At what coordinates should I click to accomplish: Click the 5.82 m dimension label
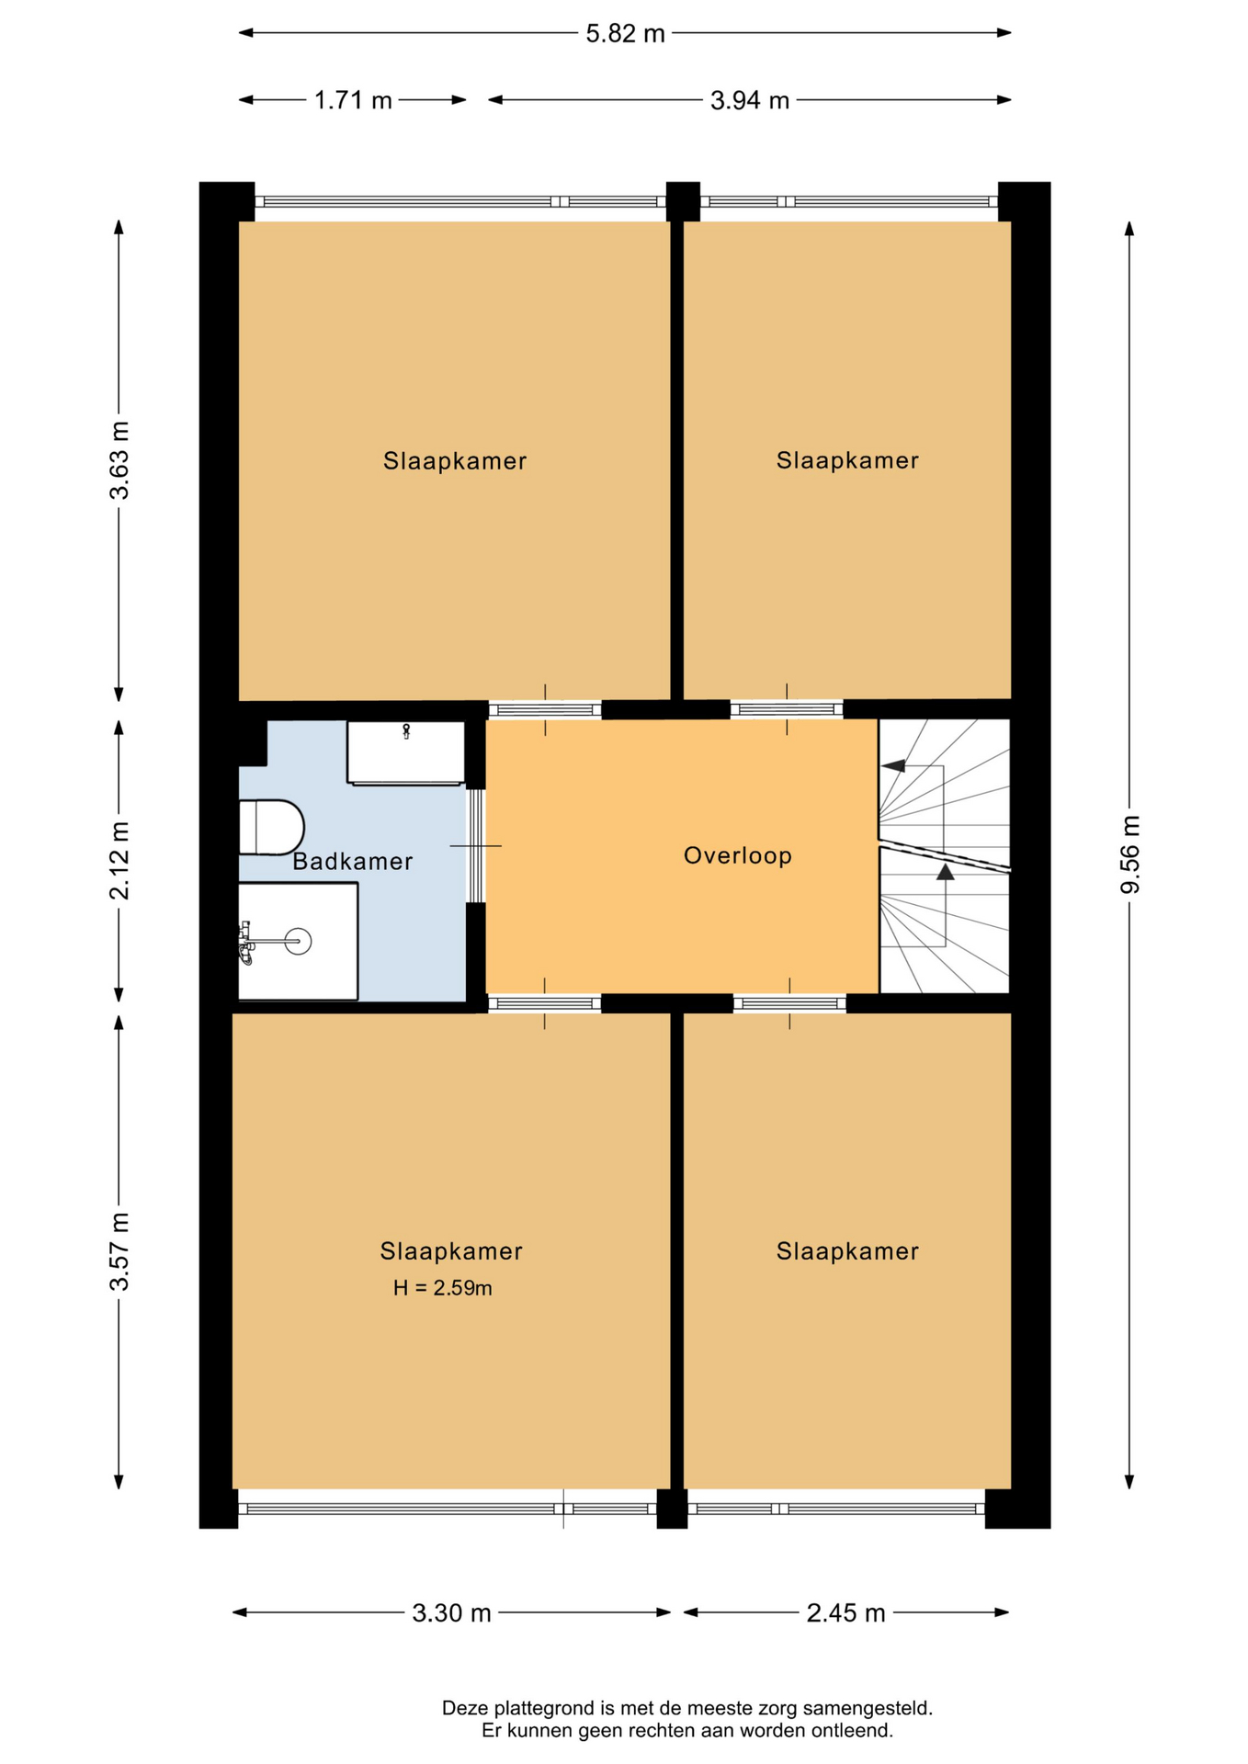tap(625, 34)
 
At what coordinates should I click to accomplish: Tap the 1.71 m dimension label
tap(353, 100)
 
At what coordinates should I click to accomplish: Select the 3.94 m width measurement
tap(750, 100)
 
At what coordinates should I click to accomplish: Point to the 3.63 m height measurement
tap(119, 460)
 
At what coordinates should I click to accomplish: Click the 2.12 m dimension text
tap(119, 861)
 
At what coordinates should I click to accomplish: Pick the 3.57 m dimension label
tap(119, 1251)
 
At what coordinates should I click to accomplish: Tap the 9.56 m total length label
tap(1129, 854)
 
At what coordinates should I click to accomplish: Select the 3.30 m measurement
tap(451, 1613)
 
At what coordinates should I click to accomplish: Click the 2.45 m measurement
tap(845, 1613)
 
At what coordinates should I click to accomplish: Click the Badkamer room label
tap(353, 862)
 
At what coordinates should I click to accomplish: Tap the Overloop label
tap(738, 856)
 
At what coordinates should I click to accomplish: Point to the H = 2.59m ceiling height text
tap(443, 1288)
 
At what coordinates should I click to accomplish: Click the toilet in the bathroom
tap(271, 827)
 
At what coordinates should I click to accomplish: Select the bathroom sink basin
tap(405, 752)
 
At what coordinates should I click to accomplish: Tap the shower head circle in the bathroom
tap(298, 941)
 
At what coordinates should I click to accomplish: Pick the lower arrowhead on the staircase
tap(946, 872)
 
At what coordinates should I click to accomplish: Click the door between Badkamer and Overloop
tap(475, 845)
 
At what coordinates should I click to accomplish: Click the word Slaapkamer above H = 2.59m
tap(451, 1251)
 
